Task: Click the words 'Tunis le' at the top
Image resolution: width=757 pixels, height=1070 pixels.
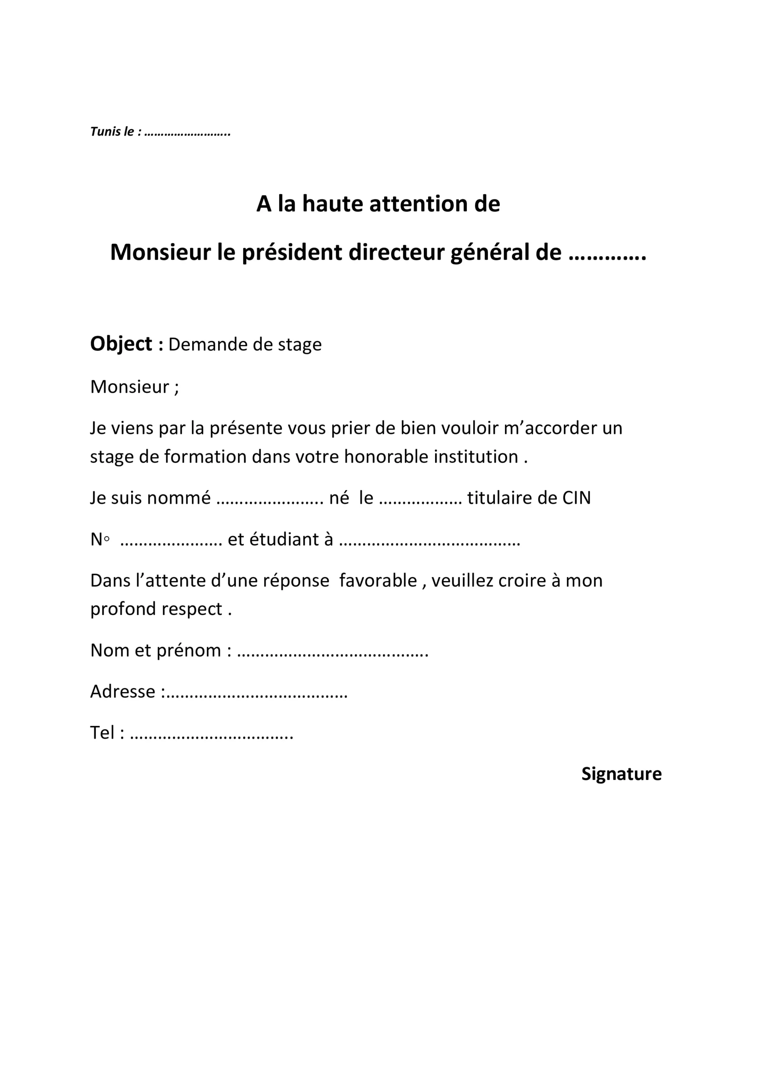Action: click(112, 132)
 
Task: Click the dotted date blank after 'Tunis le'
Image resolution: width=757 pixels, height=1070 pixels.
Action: click(187, 134)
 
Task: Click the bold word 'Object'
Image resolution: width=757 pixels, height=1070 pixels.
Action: click(121, 344)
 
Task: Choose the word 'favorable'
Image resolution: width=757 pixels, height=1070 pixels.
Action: click(378, 581)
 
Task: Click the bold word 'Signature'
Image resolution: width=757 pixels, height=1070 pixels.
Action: click(621, 774)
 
